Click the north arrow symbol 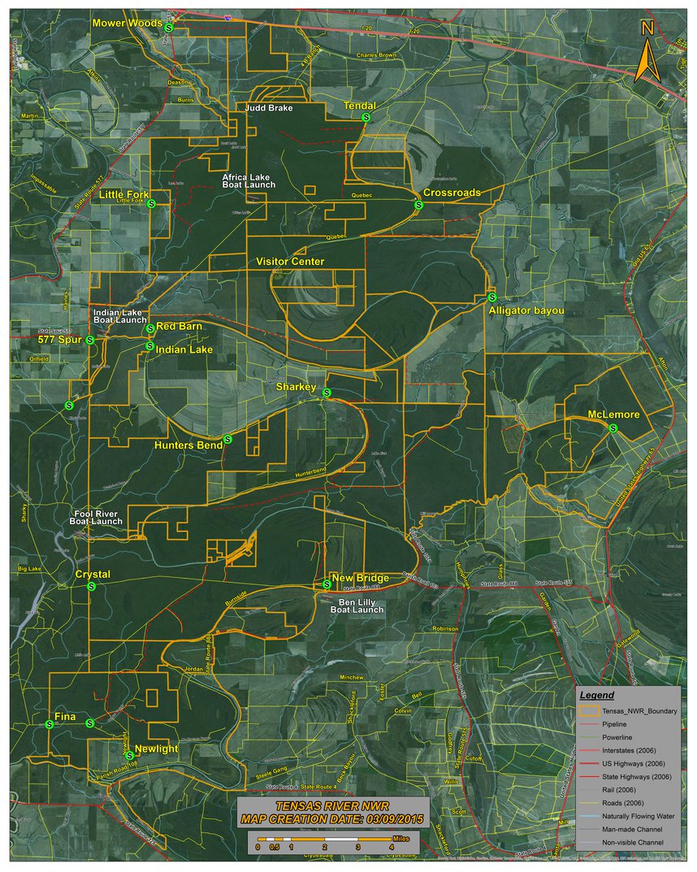647,52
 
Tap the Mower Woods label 127,23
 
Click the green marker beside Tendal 366,118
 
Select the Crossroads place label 452,193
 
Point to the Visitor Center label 290,262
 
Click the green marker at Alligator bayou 492,297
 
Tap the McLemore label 613,415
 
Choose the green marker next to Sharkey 327,393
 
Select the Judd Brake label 269,107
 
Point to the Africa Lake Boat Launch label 249,180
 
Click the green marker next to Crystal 92,586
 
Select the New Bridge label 360,578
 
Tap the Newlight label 156,748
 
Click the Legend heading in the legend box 614,696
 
